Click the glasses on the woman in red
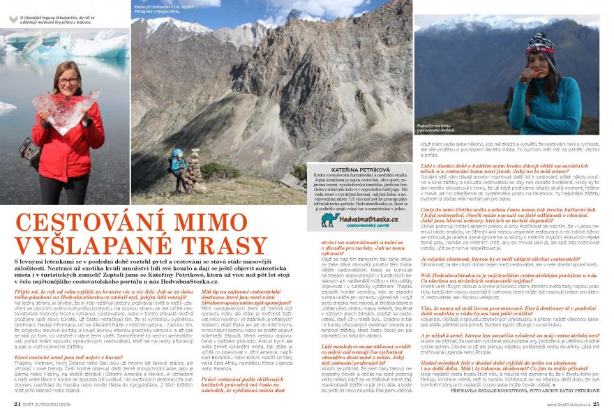68,80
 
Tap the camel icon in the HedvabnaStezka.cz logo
329,220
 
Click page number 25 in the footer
597,404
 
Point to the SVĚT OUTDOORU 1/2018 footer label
52,404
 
